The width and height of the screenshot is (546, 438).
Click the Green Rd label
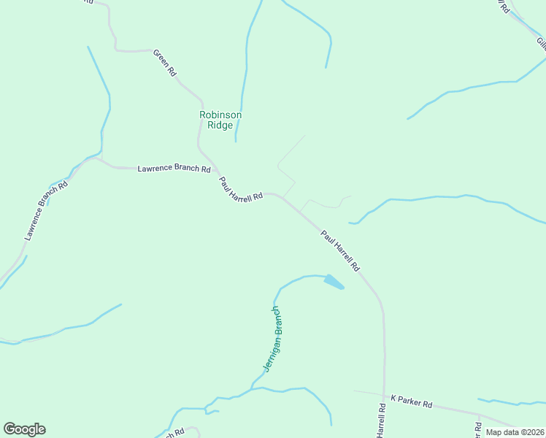[165, 63]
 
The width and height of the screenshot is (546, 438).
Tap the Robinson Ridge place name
[220, 120]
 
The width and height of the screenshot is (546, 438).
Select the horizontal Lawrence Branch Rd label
[174, 169]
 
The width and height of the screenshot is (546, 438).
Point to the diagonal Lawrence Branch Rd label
[45, 210]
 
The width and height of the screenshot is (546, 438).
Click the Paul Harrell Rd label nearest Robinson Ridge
[241, 188]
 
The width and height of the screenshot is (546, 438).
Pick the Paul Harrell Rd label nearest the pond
[340, 250]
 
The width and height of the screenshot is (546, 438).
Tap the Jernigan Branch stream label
[272, 339]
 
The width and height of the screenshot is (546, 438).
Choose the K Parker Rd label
[412, 403]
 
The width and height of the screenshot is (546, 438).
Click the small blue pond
[334, 282]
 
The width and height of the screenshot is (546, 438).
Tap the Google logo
[24, 429]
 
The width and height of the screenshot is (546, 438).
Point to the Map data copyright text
[515, 432]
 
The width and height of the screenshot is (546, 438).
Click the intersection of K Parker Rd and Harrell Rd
[383, 395]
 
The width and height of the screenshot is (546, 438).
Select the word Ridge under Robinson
[220, 125]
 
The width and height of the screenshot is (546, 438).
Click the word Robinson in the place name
[220, 115]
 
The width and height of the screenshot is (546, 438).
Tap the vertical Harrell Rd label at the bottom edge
[381, 420]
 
